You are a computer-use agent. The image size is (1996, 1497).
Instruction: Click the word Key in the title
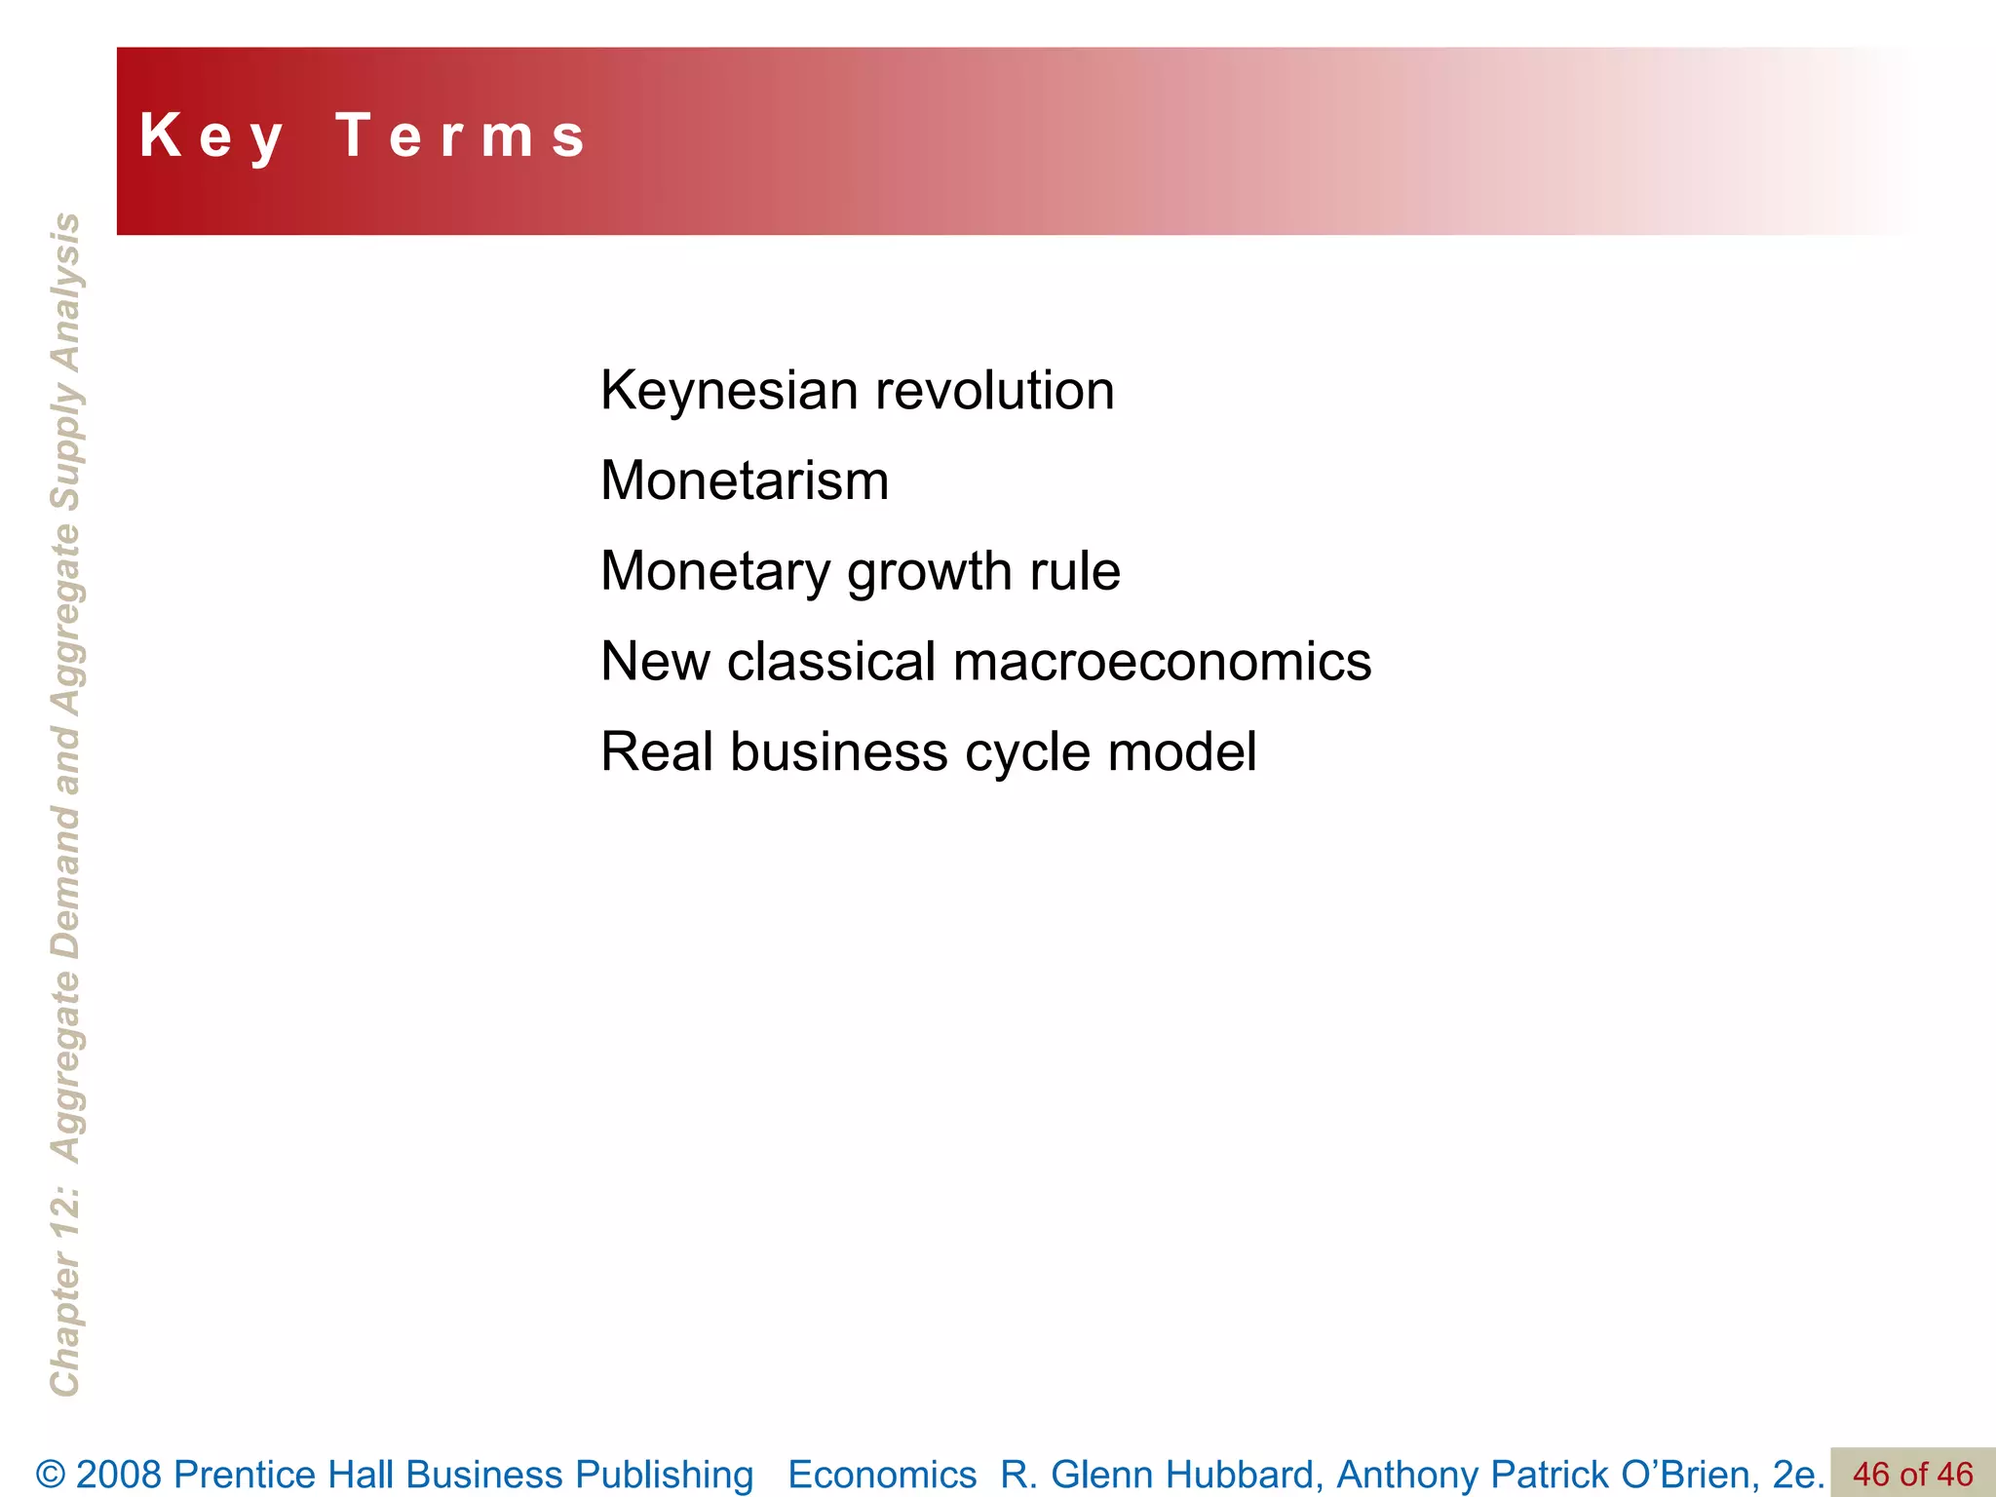(x=211, y=136)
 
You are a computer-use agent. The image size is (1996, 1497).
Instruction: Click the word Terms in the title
(x=462, y=136)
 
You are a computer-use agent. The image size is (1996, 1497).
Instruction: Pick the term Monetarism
(x=745, y=480)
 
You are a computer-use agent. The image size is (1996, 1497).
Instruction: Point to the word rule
(x=1075, y=571)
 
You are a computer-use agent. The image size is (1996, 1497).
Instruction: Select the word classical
(x=831, y=662)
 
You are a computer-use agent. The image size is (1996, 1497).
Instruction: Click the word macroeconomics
(x=1162, y=662)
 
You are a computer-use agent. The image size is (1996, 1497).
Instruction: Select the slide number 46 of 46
(x=1912, y=1475)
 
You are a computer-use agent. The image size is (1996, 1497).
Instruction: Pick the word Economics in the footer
(x=882, y=1475)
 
